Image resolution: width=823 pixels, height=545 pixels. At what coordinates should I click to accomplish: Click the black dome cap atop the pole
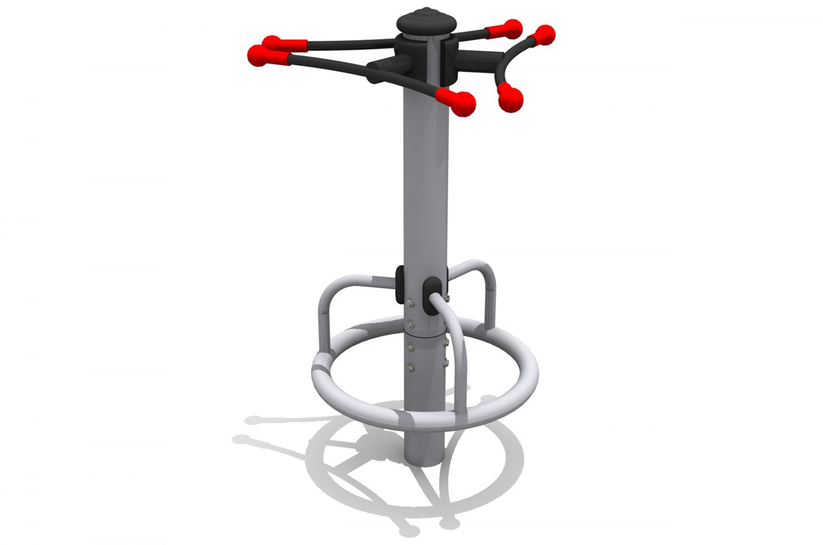pos(426,21)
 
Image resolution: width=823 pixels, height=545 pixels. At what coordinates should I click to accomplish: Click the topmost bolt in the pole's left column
pos(411,301)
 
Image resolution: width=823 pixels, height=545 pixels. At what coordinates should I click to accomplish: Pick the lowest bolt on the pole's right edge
pos(445,362)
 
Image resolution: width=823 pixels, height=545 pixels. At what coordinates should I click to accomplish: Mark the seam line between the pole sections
pos(425,332)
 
